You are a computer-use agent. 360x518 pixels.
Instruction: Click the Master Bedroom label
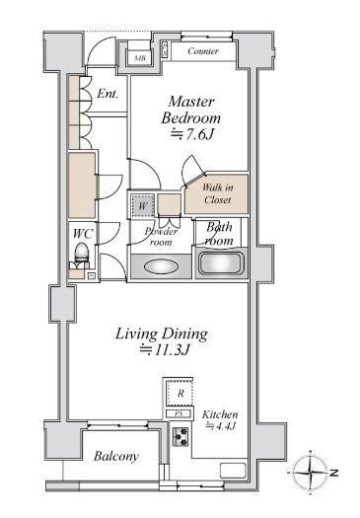click(191, 110)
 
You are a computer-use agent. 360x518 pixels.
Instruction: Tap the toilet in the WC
click(81, 255)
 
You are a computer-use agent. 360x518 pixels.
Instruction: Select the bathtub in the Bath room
click(221, 263)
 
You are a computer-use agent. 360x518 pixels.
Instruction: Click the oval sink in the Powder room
click(161, 266)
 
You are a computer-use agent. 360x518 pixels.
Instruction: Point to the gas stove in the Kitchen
click(180, 437)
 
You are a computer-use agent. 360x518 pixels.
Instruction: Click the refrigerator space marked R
click(180, 394)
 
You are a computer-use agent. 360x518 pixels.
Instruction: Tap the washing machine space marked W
click(142, 206)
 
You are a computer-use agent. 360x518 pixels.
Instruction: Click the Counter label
click(203, 51)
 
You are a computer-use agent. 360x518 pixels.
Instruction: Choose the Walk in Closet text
click(217, 193)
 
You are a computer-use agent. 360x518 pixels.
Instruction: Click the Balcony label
click(116, 456)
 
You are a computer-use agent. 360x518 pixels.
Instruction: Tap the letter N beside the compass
click(334, 473)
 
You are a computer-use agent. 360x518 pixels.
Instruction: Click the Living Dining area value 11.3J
click(164, 349)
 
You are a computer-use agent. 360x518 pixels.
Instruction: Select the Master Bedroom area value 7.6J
click(192, 134)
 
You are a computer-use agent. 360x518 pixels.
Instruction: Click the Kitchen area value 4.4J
click(220, 426)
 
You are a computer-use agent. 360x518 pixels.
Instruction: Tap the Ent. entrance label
click(108, 94)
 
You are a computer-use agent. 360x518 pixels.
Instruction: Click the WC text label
click(83, 234)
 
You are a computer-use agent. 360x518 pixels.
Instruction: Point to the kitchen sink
click(233, 470)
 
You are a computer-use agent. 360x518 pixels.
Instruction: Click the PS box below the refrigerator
click(179, 413)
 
